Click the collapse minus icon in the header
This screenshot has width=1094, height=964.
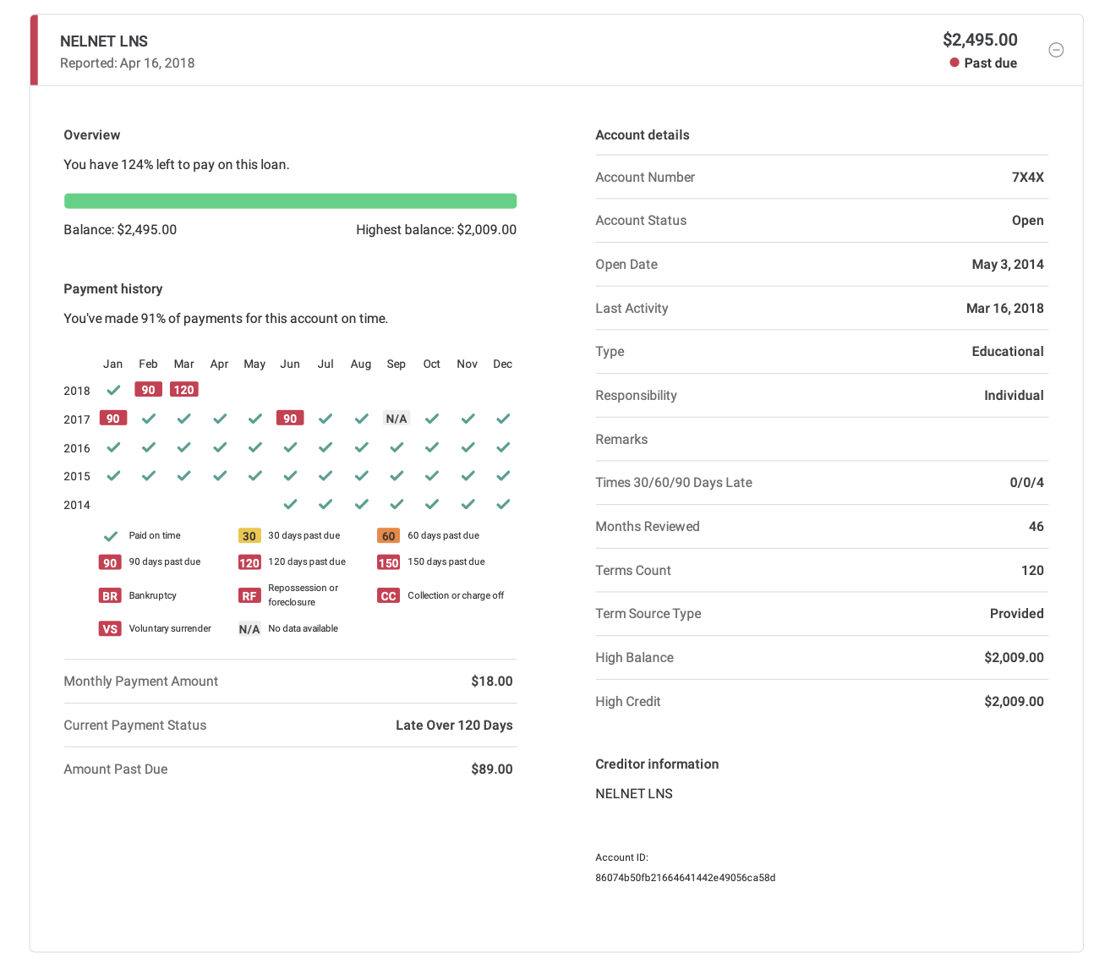(1056, 50)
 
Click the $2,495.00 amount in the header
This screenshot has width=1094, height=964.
(980, 40)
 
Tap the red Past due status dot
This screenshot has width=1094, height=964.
(955, 63)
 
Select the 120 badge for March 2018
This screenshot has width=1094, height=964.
(183, 390)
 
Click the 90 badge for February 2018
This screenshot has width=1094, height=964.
(148, 390)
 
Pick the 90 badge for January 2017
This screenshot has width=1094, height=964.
(112, 419)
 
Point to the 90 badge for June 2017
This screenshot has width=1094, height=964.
(290, 419)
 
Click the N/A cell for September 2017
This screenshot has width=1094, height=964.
(397, 419)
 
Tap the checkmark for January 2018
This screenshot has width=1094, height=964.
(112, 390)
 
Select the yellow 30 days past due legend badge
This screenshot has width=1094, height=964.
(249, 536)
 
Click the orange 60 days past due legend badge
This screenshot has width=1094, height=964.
(388, 536)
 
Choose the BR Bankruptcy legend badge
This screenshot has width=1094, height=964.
(110, 596)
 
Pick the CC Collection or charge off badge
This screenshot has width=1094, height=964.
(388, 596)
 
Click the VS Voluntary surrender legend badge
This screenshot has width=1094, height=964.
(110, 629)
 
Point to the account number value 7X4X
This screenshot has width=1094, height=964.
(1027, 178)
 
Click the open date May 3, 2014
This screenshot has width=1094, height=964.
(1008, 265)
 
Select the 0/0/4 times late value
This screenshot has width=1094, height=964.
(1026, 483)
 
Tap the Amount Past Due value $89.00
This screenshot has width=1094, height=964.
(492, 770)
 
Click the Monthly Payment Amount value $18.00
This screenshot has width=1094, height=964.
(492, 682)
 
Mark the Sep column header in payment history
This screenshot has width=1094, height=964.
(397, 364)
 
